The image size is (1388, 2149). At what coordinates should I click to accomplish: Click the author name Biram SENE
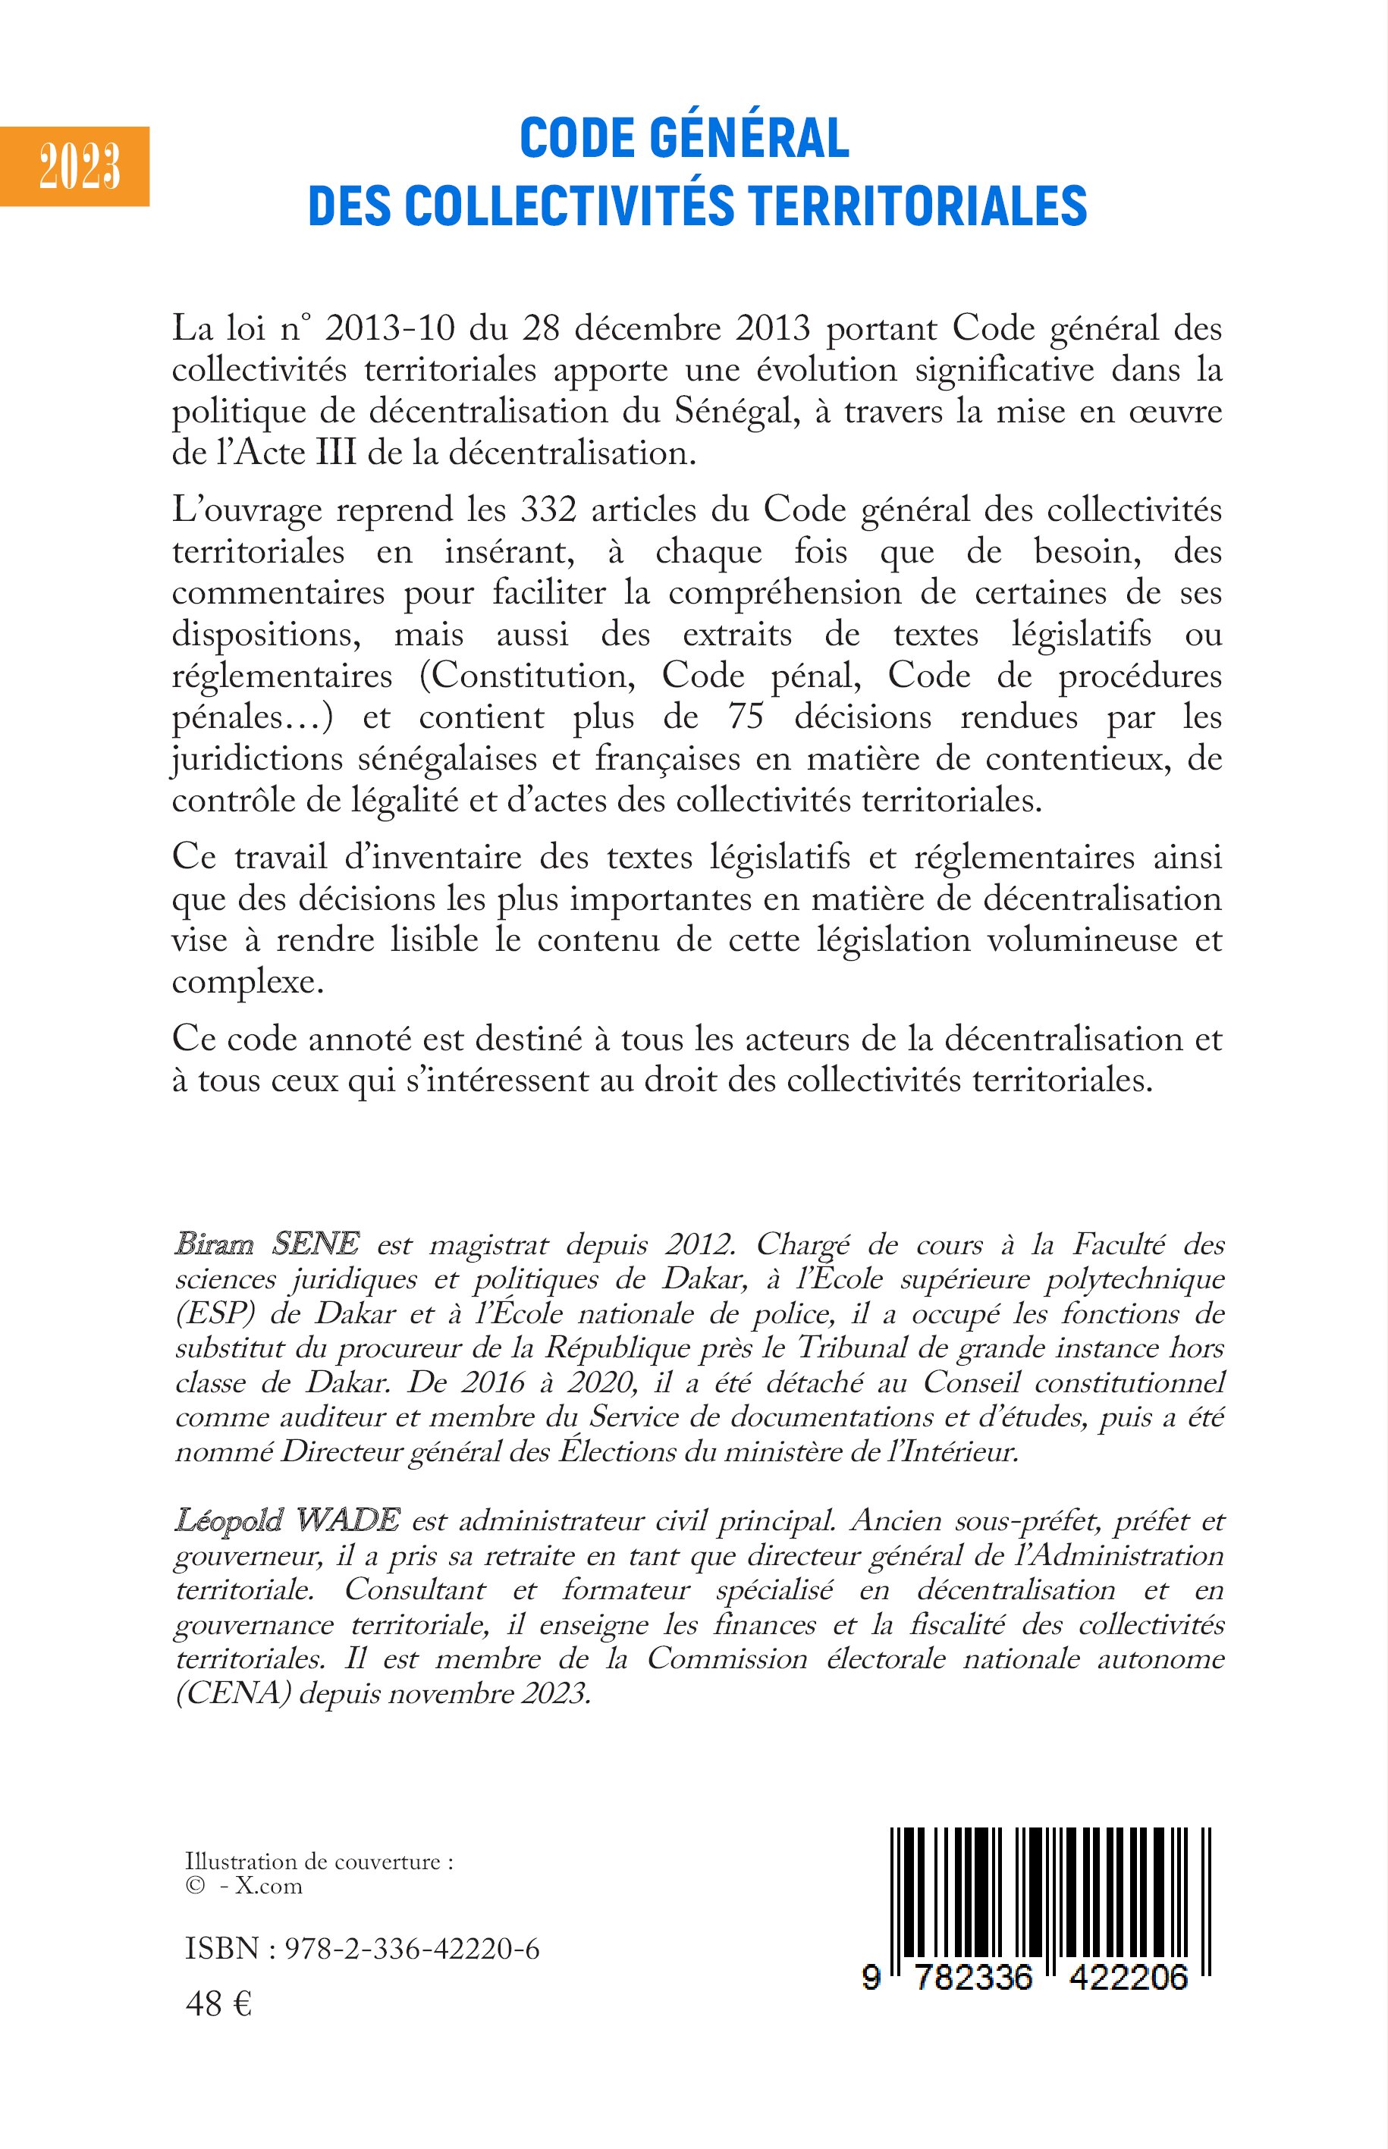click(267, 1244)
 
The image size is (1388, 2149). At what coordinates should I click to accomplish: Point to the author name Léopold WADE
click(287, 1521)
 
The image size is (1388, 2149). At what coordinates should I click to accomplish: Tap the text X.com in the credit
click(268, 1886)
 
